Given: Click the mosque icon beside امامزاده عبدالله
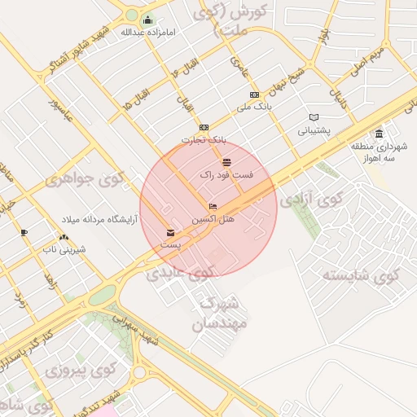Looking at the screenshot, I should pyautogui.click(x=147, y=20).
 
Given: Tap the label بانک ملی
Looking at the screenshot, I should pyautogui.click(x=253, y=107).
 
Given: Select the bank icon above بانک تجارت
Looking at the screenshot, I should pyautogui.click(x=203, y=127).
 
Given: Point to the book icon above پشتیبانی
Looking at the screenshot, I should pyautogui.click(x=314, y=116).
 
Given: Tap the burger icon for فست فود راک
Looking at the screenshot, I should pyautogui.click(x=226, y=163).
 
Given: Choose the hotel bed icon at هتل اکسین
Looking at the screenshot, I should pyautogui.click(x=213, y=207).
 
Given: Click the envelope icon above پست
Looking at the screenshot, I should pyautogui.click(x=169, y=231).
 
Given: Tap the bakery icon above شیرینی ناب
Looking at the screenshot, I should pyautogui.click(x=64, y=237).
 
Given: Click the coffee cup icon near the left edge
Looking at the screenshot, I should pyautogui.click(x=24, y=233).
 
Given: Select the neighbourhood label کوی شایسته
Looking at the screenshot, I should pyautogui.click(x=362, y=274).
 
